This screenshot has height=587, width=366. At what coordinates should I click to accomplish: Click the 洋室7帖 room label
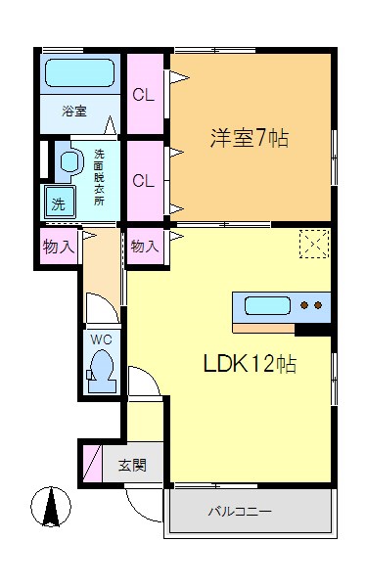(248, 138)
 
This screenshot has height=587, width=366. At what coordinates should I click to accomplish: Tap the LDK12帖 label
(250, 364)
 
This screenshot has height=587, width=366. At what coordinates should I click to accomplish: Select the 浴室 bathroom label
(74, 112)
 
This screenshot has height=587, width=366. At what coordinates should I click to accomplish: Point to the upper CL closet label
(144, 95)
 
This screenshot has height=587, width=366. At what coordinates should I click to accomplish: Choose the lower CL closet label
(144, 181)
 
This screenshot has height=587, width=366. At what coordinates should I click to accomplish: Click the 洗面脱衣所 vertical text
(100, 176)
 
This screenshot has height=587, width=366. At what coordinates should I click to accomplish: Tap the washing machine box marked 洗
(58, 205)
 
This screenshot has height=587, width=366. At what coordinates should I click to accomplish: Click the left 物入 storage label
(59, 247)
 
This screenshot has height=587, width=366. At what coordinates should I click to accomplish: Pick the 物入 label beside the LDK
(144, 247)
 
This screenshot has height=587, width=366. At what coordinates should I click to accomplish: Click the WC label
(102, 339)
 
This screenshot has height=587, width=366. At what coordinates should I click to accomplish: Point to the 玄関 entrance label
(133, 465)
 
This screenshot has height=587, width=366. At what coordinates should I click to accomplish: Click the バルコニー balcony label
(239, 511)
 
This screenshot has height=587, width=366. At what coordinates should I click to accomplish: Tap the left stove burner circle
(304, 305)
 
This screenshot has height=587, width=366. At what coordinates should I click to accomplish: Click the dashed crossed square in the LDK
(313, 244)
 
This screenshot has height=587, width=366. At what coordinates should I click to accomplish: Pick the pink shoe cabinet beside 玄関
(91, 464)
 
